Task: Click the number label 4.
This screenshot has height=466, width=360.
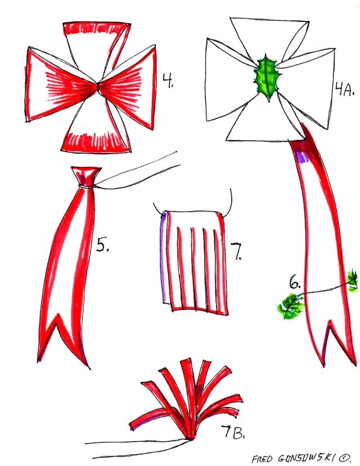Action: tap(168, 80)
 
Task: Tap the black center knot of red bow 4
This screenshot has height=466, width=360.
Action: tap(97, 87)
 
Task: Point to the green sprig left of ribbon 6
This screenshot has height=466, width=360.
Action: tap(290, 306)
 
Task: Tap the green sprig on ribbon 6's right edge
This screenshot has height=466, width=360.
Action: tap(353, 280)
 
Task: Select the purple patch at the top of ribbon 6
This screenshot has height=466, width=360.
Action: tap(303, 156)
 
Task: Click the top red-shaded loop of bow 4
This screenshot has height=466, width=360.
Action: tap(97, 44)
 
